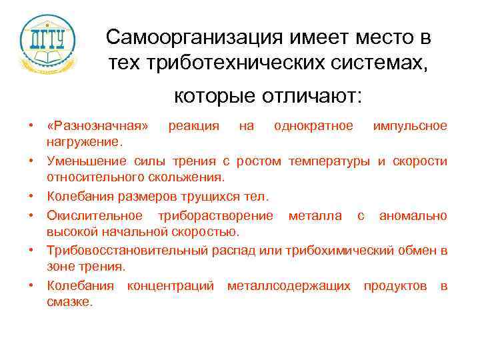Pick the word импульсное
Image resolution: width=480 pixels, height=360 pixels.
pos(410,126)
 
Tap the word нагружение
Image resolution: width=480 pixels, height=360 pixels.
pos(84,141)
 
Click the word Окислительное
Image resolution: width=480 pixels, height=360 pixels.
pos(94,215)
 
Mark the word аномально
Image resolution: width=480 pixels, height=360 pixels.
pos(413,215)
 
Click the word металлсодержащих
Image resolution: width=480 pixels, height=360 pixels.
pos(289,286)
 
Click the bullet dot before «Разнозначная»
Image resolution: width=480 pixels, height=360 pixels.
pos(31,126)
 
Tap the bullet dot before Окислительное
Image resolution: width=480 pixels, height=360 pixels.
pos(31,215)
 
